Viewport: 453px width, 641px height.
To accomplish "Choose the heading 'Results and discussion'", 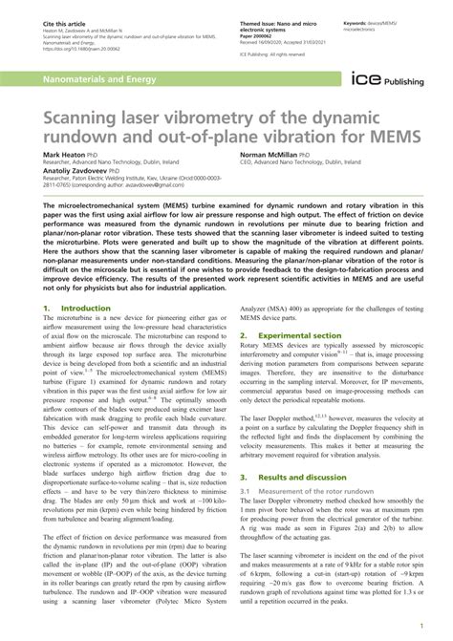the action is click(x=297, y=502).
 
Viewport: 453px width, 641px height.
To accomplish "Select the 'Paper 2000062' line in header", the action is click(x=253, y=31).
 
